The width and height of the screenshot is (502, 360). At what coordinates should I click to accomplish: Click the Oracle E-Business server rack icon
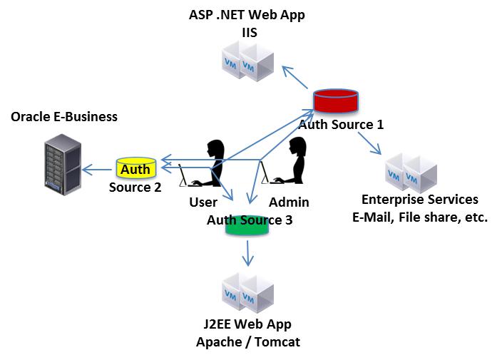(x=59, y=163)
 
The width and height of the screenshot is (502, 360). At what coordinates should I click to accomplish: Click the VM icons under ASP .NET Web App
(x=246, y=60)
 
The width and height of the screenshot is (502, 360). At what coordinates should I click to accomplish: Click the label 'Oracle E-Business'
(x=64, y=116)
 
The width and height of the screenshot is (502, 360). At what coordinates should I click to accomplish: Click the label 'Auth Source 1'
(x=341, y=125)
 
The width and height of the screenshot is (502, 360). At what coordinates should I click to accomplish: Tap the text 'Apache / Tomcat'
(x=248, y=342)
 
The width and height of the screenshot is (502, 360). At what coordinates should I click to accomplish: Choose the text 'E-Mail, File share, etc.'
(x=420, y=217)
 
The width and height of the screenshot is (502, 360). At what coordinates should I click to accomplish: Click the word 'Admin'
(x=289, y=202)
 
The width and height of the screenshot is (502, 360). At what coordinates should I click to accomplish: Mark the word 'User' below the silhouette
(x=203, y=202)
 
